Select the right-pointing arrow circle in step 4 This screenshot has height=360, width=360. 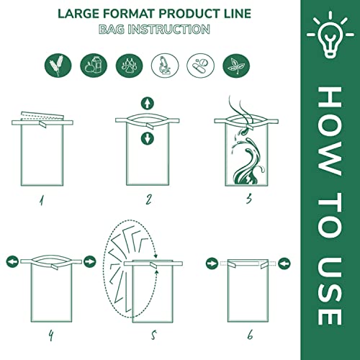pos(89,261)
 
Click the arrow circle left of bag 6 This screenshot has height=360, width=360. pos(212,261)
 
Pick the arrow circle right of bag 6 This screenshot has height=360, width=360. pos(284,261)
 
